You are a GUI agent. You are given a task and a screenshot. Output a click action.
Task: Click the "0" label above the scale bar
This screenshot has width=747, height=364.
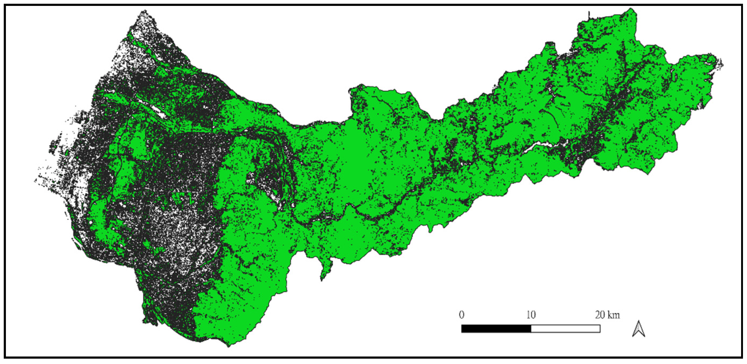pos(461,314)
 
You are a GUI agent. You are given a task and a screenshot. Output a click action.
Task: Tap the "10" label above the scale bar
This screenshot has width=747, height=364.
pos(531,314)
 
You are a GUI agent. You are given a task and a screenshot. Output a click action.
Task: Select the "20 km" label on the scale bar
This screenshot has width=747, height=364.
pos(608,314)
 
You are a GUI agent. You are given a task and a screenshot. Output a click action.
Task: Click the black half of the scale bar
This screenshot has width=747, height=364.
pos(496,328)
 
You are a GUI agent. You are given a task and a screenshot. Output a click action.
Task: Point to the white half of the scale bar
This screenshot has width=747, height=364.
pos(565,328)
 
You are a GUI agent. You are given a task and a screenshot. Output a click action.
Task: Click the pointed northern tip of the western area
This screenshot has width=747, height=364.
pos(143,12)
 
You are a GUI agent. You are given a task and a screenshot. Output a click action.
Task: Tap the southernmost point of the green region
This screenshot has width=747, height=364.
pos(229,346)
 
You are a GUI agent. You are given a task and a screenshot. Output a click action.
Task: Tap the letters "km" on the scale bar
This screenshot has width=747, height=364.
pos(614,314)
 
